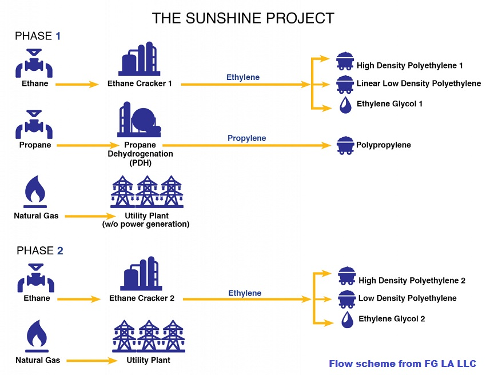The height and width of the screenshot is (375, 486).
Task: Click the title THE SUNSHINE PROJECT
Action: click(x=243, y=18)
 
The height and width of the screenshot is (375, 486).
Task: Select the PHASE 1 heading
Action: click(x=38, y=36)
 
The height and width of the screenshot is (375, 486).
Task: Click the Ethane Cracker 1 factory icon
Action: click(x=140, y=59)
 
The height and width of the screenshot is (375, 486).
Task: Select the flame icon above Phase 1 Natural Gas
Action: click(x=35, y=192)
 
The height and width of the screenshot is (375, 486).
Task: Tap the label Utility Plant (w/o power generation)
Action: click(x=146, y=220)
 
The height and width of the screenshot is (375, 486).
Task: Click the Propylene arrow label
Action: click(x=246, y=138)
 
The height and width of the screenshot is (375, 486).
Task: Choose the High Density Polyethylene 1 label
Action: click(x=409, y=66)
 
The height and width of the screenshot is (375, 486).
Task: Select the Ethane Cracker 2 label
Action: click(x=142, y=298)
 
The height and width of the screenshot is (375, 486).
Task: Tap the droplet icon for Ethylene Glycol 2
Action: click(x=346, y=320)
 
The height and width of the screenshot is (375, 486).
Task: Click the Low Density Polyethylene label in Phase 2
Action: click(x=407, y=298)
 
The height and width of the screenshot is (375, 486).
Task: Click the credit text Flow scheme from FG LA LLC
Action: click(x=402, y=364)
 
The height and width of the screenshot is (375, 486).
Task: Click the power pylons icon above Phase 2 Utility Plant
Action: click(x=148, y=336)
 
